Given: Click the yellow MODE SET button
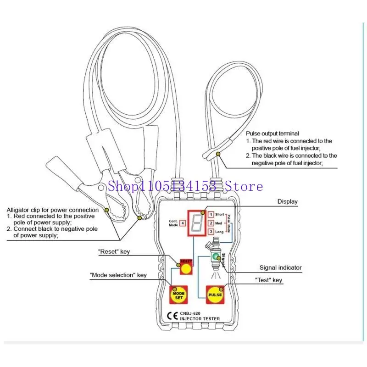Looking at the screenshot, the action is (178, 295).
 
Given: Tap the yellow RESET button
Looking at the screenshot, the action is (186, 268).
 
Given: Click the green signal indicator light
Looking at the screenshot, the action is (216, 257).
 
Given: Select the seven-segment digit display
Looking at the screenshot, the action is (197, 223).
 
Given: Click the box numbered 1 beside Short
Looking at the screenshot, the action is (211, 214).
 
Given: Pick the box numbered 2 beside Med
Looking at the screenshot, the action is (211, 223).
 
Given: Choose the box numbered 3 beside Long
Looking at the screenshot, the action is (211, 232).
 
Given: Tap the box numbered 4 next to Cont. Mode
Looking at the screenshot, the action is (183, 223).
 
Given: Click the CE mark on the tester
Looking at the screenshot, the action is (172, 316).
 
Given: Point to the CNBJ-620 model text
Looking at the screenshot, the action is (190, 313).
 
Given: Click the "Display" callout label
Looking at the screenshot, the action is (288, 201).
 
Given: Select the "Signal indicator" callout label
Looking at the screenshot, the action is (280, 267).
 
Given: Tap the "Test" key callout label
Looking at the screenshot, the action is (268, 280).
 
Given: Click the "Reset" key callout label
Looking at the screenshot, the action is (114, 251).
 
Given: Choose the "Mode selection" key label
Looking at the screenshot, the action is (118, 275).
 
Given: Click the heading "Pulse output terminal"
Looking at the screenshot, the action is (272, 133).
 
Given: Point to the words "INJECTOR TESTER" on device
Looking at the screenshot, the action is (200, 319).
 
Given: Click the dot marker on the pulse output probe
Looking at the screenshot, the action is (218, 154).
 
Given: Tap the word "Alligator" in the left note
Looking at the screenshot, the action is (18, 210).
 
